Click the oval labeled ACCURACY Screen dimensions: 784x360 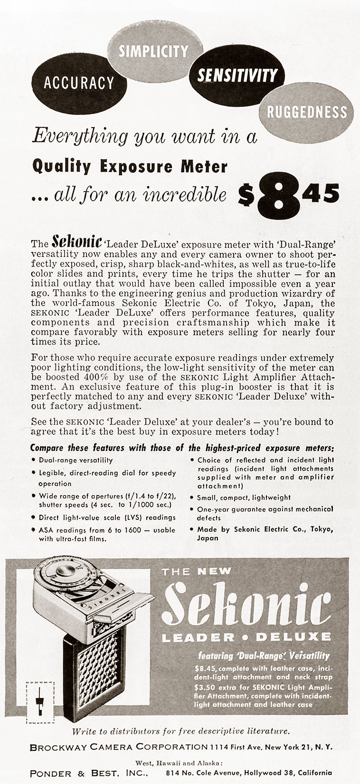[79, 83]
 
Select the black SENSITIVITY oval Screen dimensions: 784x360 [237, 76]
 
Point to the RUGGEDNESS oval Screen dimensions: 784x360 [307, 112]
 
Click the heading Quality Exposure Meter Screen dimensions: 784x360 [129, 166]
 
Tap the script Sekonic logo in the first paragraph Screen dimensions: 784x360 [76, 241]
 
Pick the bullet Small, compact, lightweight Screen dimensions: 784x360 [244, 497]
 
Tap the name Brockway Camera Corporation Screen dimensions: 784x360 [119, 747]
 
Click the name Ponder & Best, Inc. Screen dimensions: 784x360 [88, 773]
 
